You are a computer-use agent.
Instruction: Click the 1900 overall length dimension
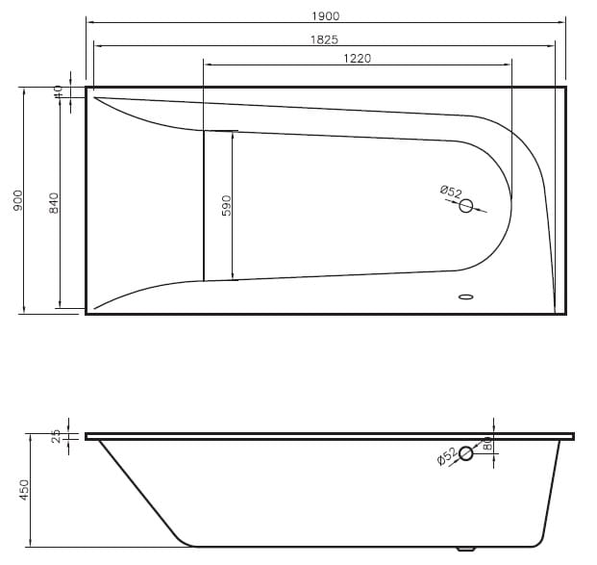pyautogui.click(x=326, y=16)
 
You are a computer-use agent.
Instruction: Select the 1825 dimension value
pyautogui.click(x=324, y=39)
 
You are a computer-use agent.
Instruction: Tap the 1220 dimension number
pyautogui.click(x=357, y=59)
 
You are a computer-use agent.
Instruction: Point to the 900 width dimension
pyautogui.click(x=18, y=200)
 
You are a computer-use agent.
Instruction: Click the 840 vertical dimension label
pyautogui.click(x=54, y=203)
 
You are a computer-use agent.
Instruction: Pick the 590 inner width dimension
pyautogui.click(x=227, y=205)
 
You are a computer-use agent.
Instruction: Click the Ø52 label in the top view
pyautogui.click(x=451, y=191)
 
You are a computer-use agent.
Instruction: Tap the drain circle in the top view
pyautogui.click(x=465, y=206)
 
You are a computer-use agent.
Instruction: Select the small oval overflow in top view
pyautogui.click(x=465, y=296)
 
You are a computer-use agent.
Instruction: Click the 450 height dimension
pyautogui.click(x=24, y=490)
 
